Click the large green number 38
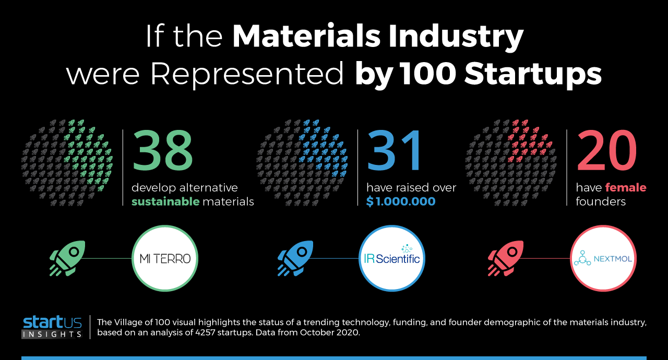click(162, 151)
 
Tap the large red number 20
click(606, 151)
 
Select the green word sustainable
click(165, 201)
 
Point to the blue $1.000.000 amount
click(401, 201)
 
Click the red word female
click(626, 187)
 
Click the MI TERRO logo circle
click(165, 258)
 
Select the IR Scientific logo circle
click(392, 258)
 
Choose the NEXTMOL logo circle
click(603, 258)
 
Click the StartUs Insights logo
click(52, 327)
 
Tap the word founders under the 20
click(601, 201)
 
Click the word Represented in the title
click(247, 74)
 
